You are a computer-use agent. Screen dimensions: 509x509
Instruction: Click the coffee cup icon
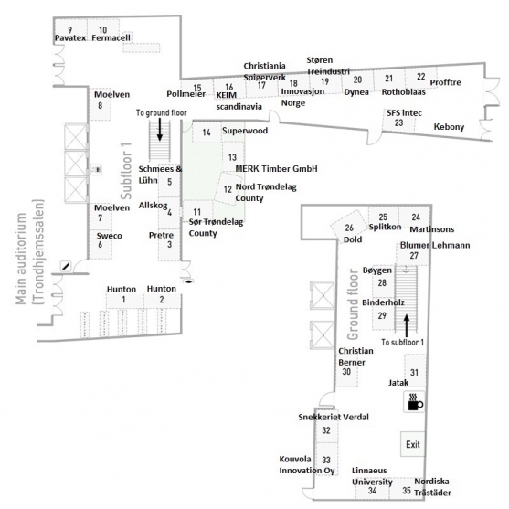[x=414, y=402]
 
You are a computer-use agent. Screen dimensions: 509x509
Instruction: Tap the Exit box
[x=412, y=444]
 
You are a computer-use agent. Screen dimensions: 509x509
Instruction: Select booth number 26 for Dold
[x=349, y=228]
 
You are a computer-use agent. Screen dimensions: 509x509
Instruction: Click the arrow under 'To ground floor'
[x=160, y=129]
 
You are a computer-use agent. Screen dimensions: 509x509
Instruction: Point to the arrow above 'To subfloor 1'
[x=407, y=325]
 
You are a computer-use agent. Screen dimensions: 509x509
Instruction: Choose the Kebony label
[x=449, y=127]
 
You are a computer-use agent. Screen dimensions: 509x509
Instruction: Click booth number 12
[x=228, y=189]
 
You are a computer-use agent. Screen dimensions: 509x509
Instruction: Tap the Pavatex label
[x=70, y=38]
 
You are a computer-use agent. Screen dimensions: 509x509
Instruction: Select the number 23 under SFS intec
[x=398, y=122]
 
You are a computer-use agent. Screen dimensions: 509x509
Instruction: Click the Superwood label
[x=245, y=131]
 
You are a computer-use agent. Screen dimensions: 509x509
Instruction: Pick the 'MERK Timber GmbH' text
[x=276, y=169]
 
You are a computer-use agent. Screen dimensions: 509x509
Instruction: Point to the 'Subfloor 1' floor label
[x=126, y=171]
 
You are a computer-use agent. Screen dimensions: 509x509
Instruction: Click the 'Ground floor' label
[x=353, y=304]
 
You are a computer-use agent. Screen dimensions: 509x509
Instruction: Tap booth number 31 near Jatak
[x=414, y=372]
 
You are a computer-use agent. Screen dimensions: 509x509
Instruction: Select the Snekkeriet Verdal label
[x=334, y=417]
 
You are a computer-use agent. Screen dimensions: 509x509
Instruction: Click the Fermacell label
[x=111, y=38]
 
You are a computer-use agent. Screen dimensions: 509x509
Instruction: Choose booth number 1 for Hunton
[x=123, y=300]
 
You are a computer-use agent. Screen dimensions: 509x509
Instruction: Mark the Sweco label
[x=109, y=236]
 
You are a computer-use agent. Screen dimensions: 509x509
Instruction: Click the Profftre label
[x=445, y=82]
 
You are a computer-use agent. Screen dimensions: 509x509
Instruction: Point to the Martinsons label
[x=431, y=229]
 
